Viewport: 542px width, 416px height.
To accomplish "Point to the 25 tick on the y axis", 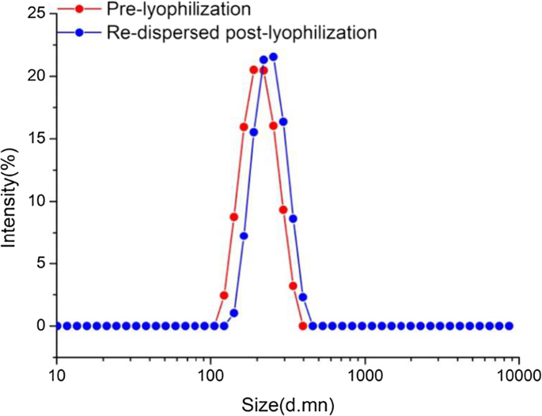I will (36, 13).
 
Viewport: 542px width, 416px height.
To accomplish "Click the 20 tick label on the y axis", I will (36, 76).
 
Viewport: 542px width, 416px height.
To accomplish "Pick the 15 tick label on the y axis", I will (36, 138).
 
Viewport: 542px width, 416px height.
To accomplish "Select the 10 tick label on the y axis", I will (36, 201).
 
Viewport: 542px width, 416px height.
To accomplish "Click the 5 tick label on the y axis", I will (40, 263).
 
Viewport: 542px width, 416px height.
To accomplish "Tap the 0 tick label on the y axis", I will (40, 326).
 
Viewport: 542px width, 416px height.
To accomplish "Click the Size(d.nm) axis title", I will (290, 406).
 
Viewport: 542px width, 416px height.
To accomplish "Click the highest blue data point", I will (274, 57).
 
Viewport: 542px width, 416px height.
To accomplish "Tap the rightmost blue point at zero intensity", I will (510, 326).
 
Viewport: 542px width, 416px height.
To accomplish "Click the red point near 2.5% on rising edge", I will (224, 295).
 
